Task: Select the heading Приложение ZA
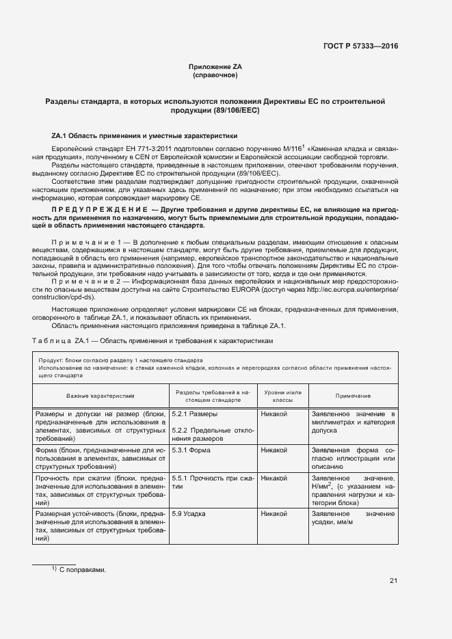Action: click(x=215, y=66)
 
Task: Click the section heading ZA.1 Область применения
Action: click(x=144, y=136)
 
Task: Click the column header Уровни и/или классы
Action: click(x=282, y=396)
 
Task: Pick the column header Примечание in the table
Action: click(x=353, y=396)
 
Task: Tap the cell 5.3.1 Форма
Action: click(x=191, y=450)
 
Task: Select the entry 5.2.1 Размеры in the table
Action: click(x=195, y=414)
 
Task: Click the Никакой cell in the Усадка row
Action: click(x=274, y=513)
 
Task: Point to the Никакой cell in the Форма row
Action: click(x=274, y=450)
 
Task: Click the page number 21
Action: click(x=393, y=581)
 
